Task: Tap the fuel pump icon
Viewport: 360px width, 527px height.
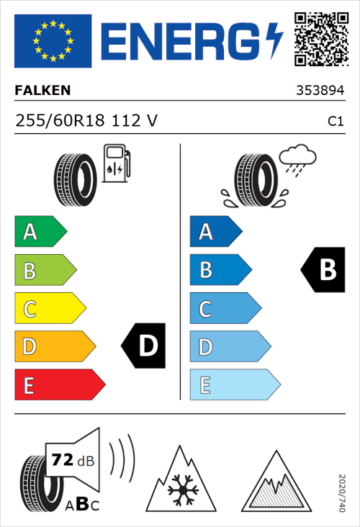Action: tap(117, 164)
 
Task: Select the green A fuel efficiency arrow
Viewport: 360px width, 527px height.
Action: tap(40, 232)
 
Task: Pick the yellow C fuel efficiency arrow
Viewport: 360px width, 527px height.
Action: tap(49, 309)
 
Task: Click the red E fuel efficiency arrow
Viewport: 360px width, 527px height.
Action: tap(59, 385)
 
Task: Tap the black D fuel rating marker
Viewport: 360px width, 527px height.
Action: tap(144, 346)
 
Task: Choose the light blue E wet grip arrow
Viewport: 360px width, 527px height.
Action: tap(234, 385)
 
